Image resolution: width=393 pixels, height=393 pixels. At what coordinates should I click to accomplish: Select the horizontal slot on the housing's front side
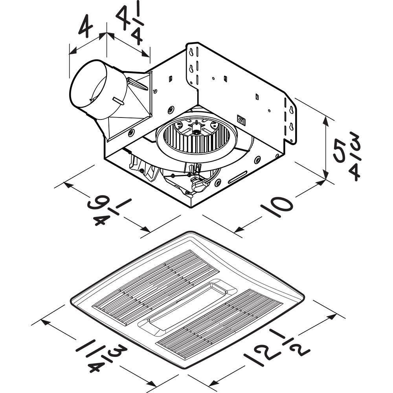click(238, 177)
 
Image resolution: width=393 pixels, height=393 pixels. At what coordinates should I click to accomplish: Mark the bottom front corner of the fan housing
click(191, 207)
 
